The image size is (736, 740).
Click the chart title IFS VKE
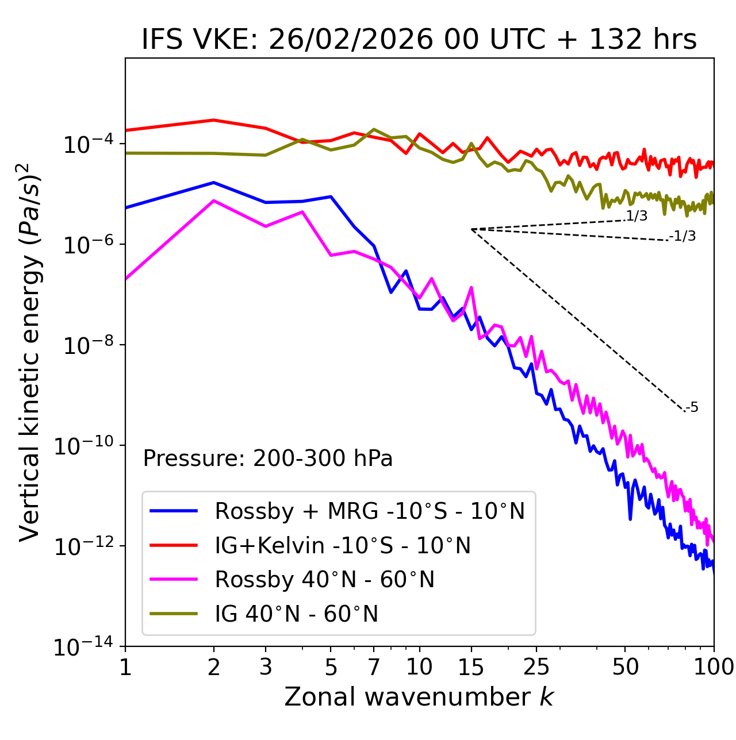pos(419,40)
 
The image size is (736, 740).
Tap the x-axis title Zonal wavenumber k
pos(419,696)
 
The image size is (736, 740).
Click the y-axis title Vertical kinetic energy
pos(30,352)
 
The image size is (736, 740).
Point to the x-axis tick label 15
pos(471,667)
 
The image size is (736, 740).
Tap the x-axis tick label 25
pos(536,667)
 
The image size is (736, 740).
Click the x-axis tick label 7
pos(374,667)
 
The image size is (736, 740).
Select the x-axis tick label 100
pos(713,667)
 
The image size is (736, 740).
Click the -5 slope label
pos(692,407)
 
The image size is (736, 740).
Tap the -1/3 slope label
pos(683,236)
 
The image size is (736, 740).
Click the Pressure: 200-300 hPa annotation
pos(267,458)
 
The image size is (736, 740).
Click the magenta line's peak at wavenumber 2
pos(214,201)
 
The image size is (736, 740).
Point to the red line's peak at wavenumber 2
pos(214,120)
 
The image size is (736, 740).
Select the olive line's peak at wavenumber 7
pos(374,129)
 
